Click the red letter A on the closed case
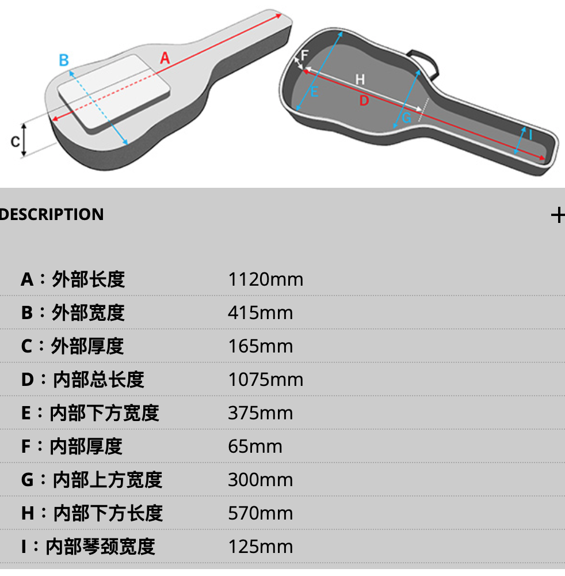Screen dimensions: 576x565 165,58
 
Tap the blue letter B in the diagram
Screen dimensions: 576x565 64,60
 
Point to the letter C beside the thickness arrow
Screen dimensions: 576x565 15,141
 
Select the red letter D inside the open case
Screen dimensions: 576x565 364,101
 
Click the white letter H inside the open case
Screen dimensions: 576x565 360,79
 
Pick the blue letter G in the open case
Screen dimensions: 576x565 406,118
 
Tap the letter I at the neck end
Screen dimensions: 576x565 530,135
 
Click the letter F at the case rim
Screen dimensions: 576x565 305,55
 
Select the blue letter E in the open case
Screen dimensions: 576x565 314,91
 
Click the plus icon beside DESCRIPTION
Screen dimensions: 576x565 558,215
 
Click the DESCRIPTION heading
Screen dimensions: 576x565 52,215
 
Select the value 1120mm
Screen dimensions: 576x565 265,279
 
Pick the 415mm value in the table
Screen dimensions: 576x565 260,313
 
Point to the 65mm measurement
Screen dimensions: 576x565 255,446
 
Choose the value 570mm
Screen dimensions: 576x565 260,513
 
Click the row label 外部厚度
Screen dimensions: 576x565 87,346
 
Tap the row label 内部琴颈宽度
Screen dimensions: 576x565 101,547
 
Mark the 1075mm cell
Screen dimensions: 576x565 265,380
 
